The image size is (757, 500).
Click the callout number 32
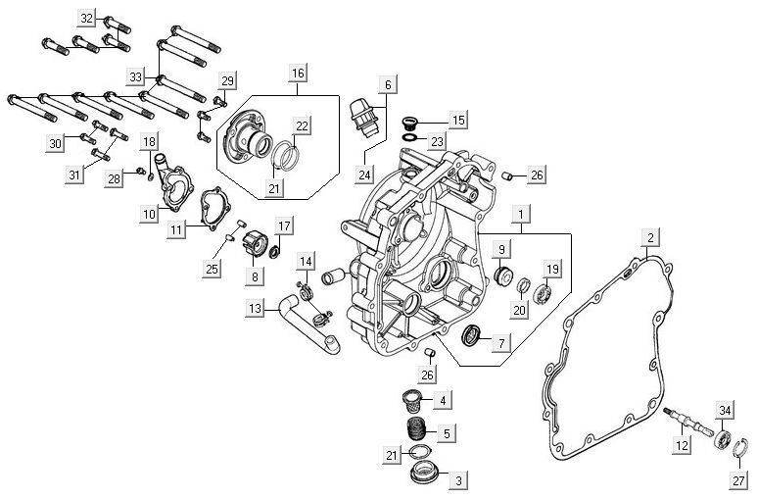click(x=86, y=19)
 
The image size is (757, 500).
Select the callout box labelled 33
click(x=135, y=76)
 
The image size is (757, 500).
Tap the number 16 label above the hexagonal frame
click(x=297, y=73)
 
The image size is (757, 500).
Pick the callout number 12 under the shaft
click(x=684, y=446)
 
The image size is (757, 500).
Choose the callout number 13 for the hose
click(x=256, y=309)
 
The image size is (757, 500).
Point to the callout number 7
click(x=500, y=343)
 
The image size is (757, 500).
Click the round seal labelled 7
click(x=472, y=336)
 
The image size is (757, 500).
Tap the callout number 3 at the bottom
click(x=457, y=480)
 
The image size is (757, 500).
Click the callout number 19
click(x=552, y=269)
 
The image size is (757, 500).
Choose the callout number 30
click(x=56, y=144)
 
